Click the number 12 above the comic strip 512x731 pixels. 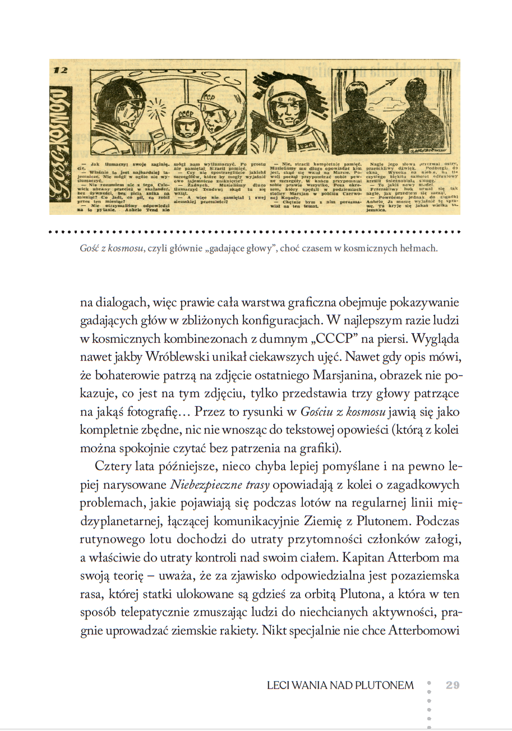[x=61, y=71]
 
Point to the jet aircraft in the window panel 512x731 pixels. [x=381, y=82]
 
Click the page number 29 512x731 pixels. [x=453, y=685]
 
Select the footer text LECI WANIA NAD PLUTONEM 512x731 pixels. [x=340, y=685]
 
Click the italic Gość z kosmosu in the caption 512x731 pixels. [x=112, y=248]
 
